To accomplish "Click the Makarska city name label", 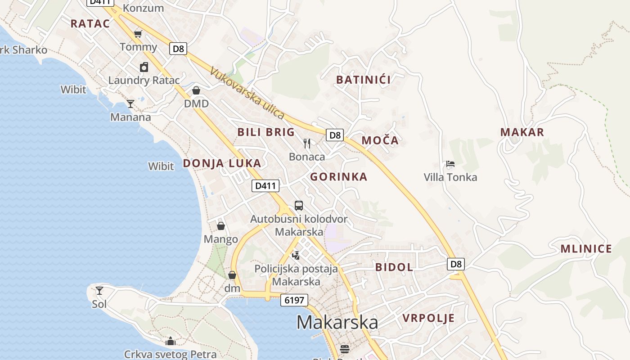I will pyautogui.click(x=337, y=322).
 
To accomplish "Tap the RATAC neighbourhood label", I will pyautogui.click(x=90, y=24).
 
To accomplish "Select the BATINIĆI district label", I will pyautogui.click(x=364, y=80).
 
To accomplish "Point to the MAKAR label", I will pyautogui.click(x=522, y=132).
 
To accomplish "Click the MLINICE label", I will pyautogui.click(x=586, y=249).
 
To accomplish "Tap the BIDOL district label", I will pyautogui.click(x=394, y=267).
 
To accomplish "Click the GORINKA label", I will pyautogui.click(x=339, y=177).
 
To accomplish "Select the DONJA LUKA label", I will pyautogui.click(x=222, y=163).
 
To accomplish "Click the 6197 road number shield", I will pyautogui.click(x=294, y=300).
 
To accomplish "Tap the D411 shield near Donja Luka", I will pyautogui.click(x=265, y=185).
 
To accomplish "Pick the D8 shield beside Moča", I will pyautogui.click(x=335, y=135).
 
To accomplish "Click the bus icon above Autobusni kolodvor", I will pyautogui.click(x=298, y=206).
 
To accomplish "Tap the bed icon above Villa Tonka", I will pyautogui.click(x=450, y=164).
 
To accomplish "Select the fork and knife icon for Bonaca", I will pyautogui.click(x=307, y=144).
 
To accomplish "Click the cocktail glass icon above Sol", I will pyautogui.click(x=99, y=291).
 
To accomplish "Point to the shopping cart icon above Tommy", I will pyautogui.click(x=138, y=34).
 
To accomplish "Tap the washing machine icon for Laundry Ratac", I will pyautogui.click(x=144, y=67).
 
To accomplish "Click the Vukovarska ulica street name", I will pyautogui.click(x=247, y=94).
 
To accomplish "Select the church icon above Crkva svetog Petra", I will pyautogui.click(x=170, y=342).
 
